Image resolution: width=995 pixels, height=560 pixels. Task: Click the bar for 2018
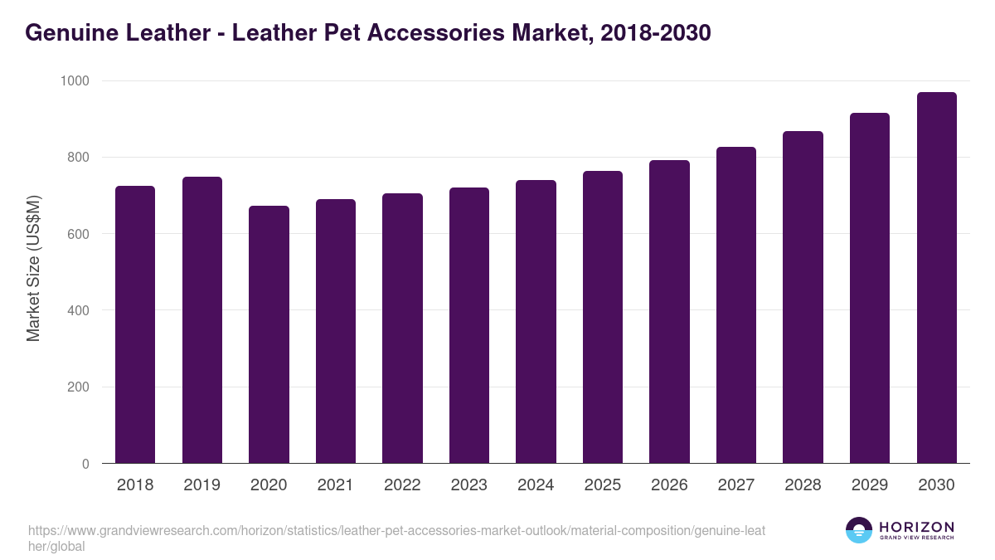click(135, 324)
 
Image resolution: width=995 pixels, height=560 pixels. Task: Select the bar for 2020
click(269, 334)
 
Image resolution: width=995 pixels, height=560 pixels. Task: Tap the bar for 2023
click(469, 325)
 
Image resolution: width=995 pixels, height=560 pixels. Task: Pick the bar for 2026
click(669, 312)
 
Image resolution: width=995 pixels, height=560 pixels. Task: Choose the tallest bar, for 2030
click(936, 278)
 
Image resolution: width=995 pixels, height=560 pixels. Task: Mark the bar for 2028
click(803, 297)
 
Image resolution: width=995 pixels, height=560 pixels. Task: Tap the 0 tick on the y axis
click(85, 465)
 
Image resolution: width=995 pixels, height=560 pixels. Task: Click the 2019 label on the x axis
click(202, 485)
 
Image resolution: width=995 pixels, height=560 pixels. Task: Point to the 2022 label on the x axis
click(402, 485)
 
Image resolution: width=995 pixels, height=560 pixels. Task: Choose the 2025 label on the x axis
click(603, 485)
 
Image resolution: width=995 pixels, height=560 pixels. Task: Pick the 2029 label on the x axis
click(870, 485)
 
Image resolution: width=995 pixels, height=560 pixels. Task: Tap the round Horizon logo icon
click(858, 530)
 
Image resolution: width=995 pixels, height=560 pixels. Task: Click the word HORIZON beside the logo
click(916, 527)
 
